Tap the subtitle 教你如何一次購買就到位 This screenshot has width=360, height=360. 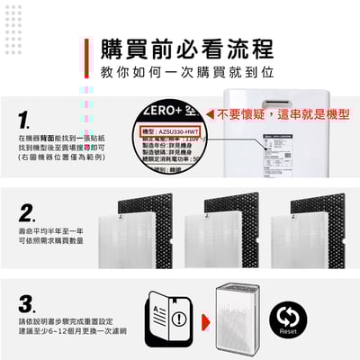coord(180,70)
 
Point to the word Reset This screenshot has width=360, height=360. coord(289,332)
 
